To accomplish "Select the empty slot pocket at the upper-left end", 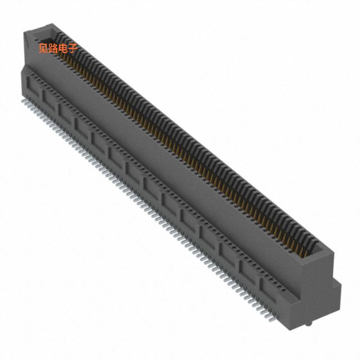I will coord(45,36).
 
